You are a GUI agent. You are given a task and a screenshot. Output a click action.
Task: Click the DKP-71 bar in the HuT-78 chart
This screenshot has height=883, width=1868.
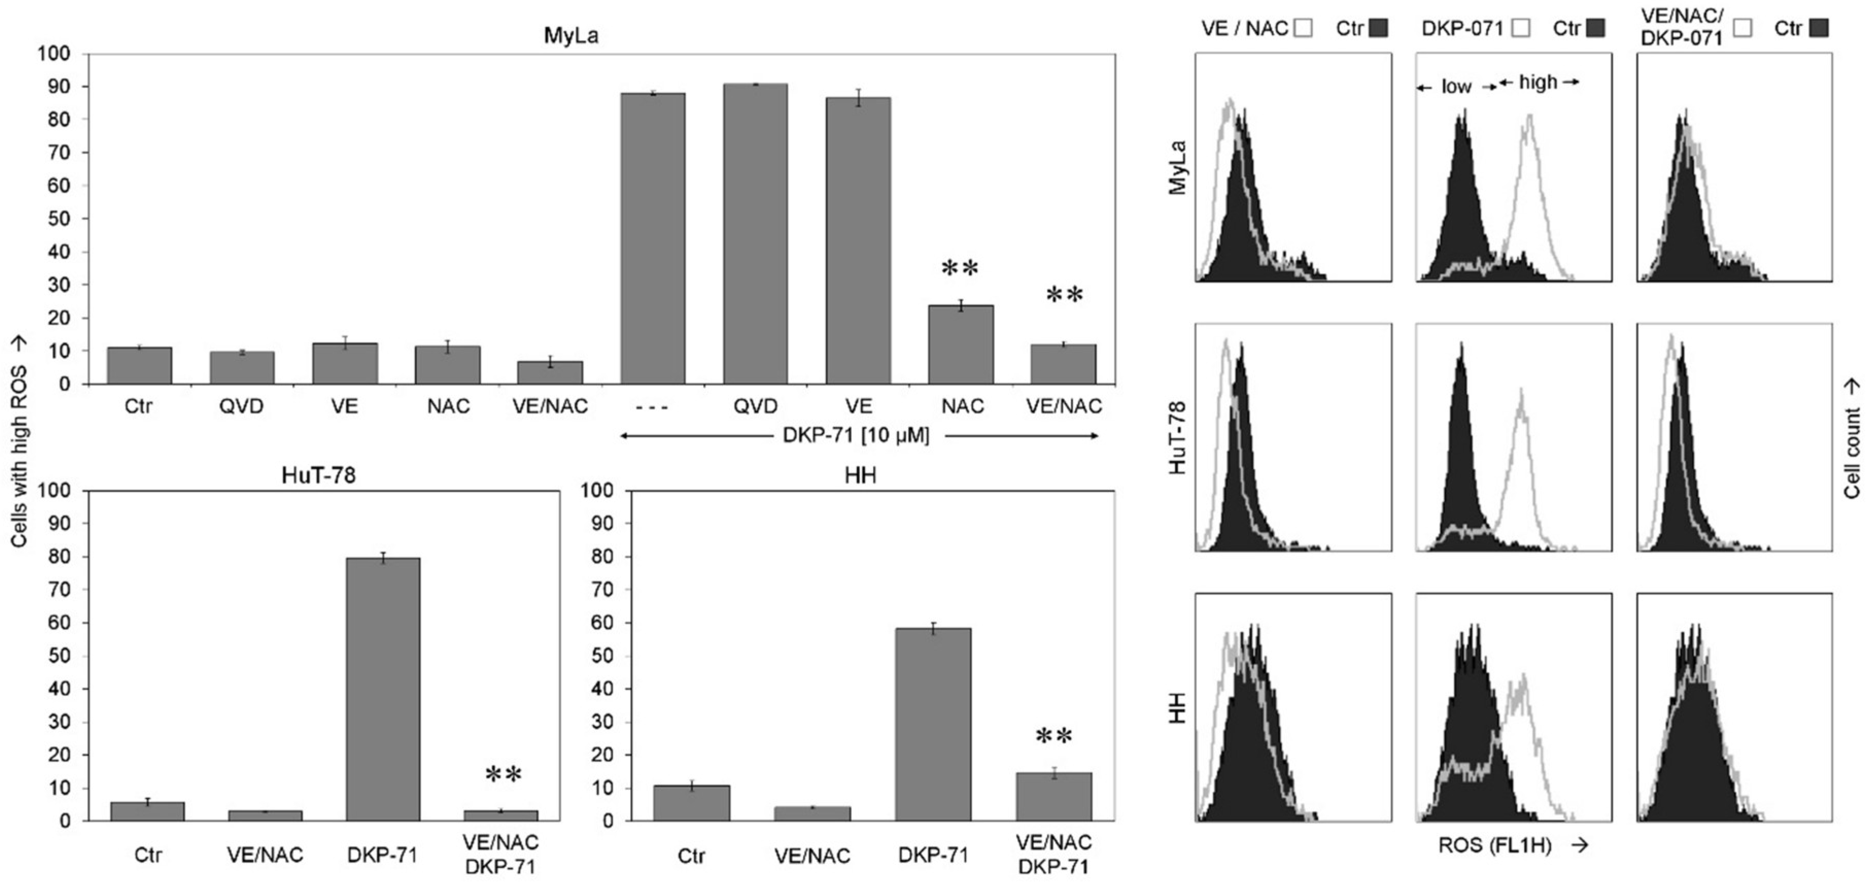(382, 689)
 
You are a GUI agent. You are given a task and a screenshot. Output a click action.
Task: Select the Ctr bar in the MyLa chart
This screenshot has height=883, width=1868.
(139, 366)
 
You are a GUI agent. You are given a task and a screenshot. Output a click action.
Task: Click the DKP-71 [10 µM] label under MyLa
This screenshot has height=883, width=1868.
(856, 436)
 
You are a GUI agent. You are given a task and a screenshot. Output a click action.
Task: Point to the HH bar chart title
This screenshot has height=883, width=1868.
(861, 475)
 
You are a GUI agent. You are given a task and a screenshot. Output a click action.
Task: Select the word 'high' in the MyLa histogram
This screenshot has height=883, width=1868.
(1538, 83)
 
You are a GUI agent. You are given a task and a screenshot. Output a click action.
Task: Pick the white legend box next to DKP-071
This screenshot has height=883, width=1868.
(1522, 28)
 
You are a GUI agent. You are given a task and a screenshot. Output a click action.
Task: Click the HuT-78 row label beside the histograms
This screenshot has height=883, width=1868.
(1179, 438)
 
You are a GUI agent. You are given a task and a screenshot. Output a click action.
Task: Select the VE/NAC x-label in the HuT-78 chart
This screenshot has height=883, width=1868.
(265, 855)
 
